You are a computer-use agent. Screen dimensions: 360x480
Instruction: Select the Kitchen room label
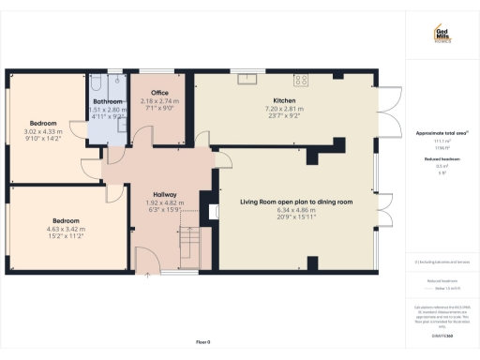pyautogui.click(x=284, y=99)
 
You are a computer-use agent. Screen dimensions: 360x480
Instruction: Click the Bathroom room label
pyautogui.click(x=107, y=101)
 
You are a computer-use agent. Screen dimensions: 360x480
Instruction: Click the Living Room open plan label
pyautogui.click(x=295, y=202)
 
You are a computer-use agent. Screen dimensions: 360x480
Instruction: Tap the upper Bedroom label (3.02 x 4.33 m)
pyautogui.click(x=43, y=123)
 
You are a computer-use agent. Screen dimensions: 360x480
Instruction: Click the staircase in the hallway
pyautogui.click(x=190, y=247)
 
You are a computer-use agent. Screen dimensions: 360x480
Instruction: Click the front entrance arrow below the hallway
pyautogui.click(x=146, y=276)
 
